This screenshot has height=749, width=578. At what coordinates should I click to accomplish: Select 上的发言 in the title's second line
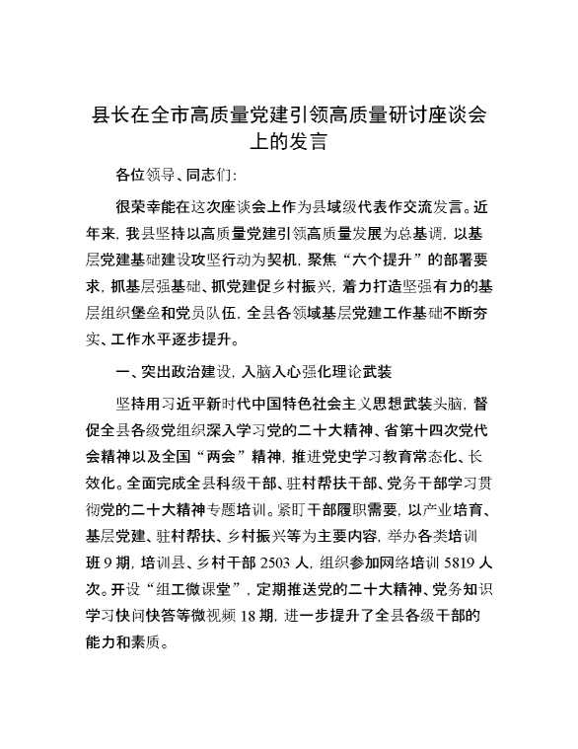coord(287,140)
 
